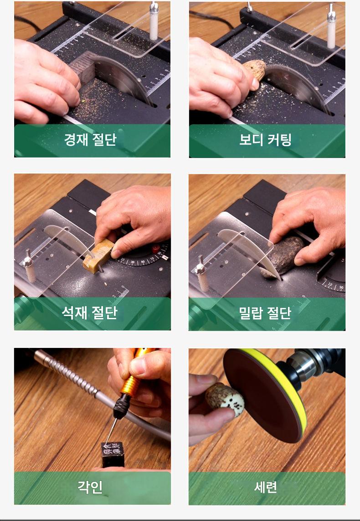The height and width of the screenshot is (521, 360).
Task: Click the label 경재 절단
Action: [x=90, y=139]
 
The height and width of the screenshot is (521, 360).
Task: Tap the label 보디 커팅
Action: [x=265, y=139]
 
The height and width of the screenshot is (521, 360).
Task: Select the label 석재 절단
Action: [x=90, y=312]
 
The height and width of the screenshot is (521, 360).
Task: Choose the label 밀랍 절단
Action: [x=265, y=312]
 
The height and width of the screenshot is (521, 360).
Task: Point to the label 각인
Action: [x=90, y=487]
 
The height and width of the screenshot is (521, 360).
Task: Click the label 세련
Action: [x=265, y=487]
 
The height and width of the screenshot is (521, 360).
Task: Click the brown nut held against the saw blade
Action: [x=255, y=70]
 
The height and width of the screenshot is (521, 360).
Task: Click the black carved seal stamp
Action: [x=113, y=454]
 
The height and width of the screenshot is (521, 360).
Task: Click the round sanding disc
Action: [x=265, y=395]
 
